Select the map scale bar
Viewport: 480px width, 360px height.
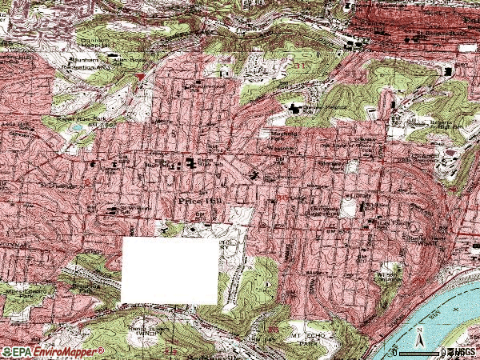tap(419, 350)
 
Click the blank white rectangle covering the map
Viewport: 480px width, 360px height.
tap(170, 270)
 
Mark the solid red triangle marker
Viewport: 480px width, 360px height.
tap(142, 76)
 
